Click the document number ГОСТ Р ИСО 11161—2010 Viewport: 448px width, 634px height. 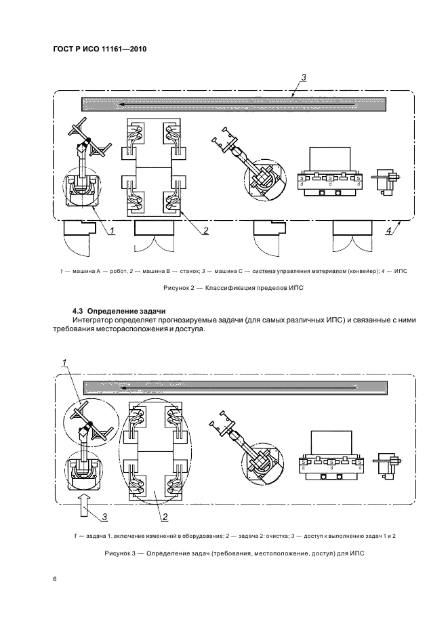pyautogui.click(x=100, y=49)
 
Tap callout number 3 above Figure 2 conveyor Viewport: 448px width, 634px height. pyautogui.click(x=304, y=77)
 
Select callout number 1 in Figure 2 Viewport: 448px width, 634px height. pyautogui.click(x=112, y=231)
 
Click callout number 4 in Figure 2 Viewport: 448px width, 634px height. pyautogui.click(x=389, y=231)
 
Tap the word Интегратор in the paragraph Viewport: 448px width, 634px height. pyautogui.click(x=93, y=320)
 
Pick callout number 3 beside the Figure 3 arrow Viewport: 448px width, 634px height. pyautogui.click(x=105, y=516)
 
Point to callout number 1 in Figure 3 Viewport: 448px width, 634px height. pyautogui.click(x=64, y=363)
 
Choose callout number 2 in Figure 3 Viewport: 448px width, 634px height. pyautogui.click(x=165, y=516)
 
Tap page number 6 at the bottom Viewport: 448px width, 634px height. pyautogui.click(x=55, y=579)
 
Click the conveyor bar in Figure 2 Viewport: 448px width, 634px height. pyautogui.click(x=234, y=104)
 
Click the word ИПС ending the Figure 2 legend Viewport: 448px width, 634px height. pyautogui.click(x=401, y=271)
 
